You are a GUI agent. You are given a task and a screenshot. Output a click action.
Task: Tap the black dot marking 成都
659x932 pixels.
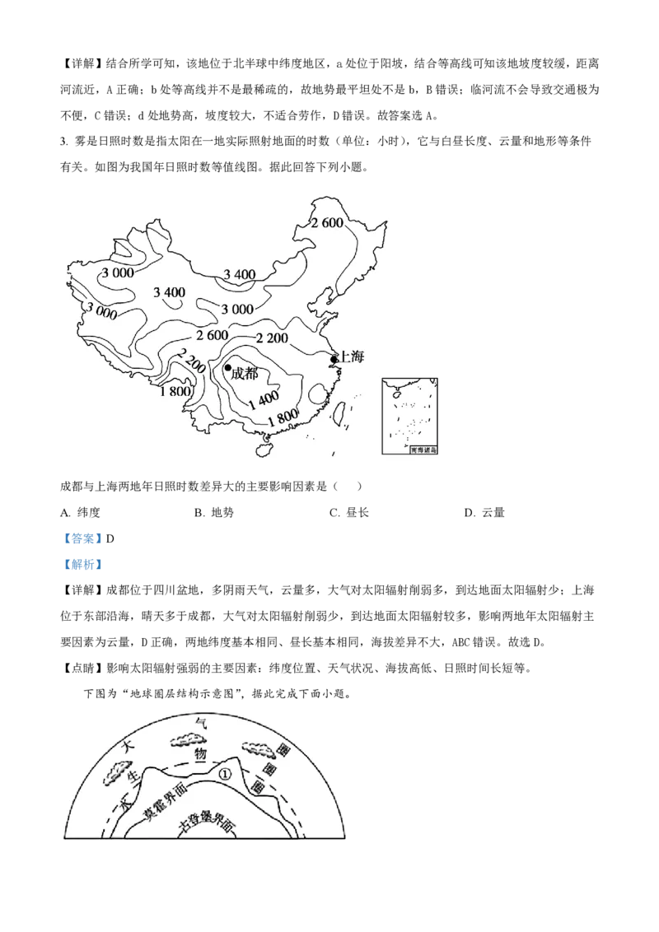pyautogui.click(x=228, y=367)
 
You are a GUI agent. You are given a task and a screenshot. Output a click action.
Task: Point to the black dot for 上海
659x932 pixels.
pyautogui.click(x=334, y=359)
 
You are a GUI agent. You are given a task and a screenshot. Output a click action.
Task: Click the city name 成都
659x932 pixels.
pyautogui.click(x=245, y=374)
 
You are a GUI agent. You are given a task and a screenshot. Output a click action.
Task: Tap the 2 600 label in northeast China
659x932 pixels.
pyautogui.click(x=327, y=222)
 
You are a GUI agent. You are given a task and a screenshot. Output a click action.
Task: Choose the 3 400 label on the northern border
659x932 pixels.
pyautogui.click(x=240, y=274)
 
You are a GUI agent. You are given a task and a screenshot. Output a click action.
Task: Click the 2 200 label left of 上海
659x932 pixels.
pyautogui.click(x=271, y=338)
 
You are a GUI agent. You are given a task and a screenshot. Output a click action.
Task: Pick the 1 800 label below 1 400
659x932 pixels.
pyautogui.click(x=282, y=419)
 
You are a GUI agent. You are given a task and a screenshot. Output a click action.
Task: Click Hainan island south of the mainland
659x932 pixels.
pyautogui.click(x=264, y=449)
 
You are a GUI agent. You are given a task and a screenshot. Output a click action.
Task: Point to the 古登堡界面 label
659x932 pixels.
pyautogui.click(x=207, y=827)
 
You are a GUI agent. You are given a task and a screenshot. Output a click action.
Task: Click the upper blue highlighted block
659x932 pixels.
pyautogui.click(x=82, y=538)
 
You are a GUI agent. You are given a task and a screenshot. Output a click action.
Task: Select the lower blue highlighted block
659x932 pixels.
pyautogui.click(x=82, y=564)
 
